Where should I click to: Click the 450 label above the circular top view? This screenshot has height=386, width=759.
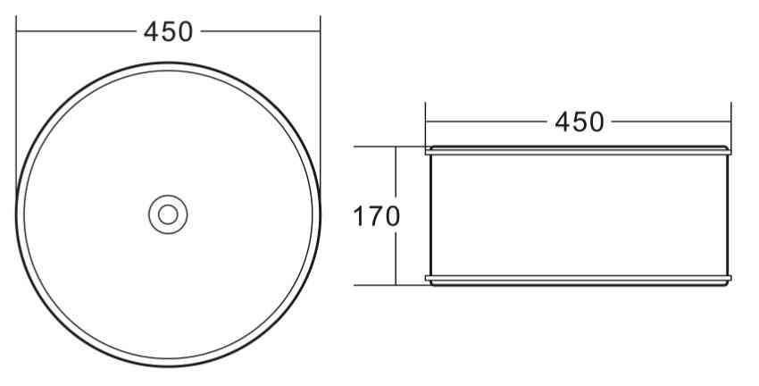(168, 31)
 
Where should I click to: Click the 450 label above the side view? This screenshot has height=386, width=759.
(580, 122)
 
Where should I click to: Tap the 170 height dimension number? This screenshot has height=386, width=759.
(376, 216)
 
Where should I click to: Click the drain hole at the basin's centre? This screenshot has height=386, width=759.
(168, 214)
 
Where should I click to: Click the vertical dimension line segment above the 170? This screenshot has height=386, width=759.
(396, 174)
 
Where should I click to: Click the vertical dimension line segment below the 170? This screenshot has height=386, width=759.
(396, 259)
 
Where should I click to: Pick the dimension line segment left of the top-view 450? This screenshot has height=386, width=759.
(76, 31)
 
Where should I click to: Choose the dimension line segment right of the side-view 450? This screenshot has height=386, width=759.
(670, 122)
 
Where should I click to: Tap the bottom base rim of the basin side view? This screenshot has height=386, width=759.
(579, 280)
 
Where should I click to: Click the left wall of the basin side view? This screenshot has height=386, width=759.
(430, 214)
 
